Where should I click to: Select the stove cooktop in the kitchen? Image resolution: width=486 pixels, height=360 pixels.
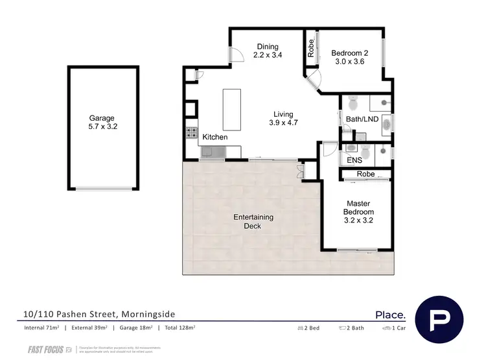coord(192,134)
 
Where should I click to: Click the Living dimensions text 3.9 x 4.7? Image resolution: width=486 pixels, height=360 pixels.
coord(283,123)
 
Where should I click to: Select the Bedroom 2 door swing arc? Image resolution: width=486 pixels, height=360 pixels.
coord(314,81)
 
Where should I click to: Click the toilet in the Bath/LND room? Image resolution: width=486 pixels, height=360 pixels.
coord(353,103)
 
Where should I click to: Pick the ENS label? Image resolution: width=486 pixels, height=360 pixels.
coord(354,160)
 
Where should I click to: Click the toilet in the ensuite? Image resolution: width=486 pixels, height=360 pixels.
coord(365,152)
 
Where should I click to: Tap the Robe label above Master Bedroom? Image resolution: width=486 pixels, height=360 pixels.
coord(366,174)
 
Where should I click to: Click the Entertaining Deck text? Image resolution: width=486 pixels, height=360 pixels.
coord(253,221)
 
